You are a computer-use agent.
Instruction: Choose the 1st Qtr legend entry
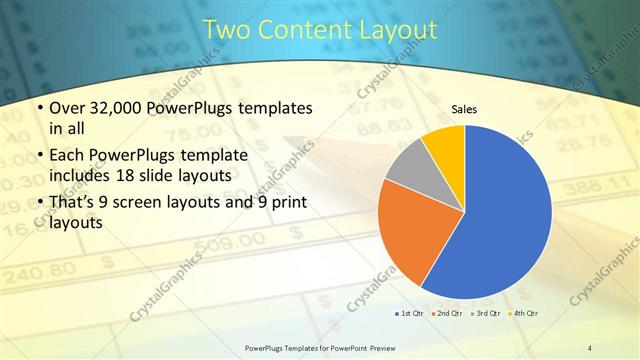coord(409,315)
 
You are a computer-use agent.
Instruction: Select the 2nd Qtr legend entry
coord(446,315)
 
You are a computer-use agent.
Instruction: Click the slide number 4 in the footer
coord(590,348)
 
